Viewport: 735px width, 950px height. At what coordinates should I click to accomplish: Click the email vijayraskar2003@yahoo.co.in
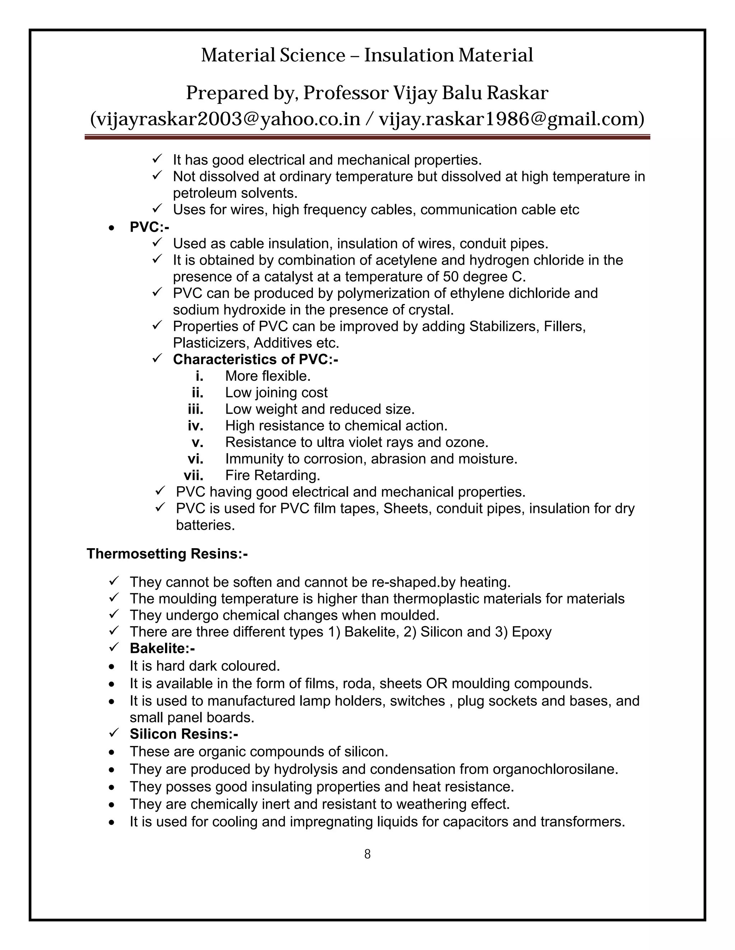(225, 119)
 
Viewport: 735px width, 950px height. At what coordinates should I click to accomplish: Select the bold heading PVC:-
(149, 227)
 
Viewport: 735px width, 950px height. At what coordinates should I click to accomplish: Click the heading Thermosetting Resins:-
(167, 554)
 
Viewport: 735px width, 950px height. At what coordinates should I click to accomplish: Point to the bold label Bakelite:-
(162, 648)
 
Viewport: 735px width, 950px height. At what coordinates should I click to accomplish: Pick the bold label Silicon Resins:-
(183, 734)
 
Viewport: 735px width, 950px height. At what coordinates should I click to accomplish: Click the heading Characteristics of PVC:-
(255, 359)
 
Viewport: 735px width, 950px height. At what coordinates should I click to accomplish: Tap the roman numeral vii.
(193, 475)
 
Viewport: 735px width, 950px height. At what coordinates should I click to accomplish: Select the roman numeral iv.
(196, 426)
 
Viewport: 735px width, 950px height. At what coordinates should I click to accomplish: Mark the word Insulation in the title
(408, 55)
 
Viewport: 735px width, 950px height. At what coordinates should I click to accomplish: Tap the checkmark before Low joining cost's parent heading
(157, 358)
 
